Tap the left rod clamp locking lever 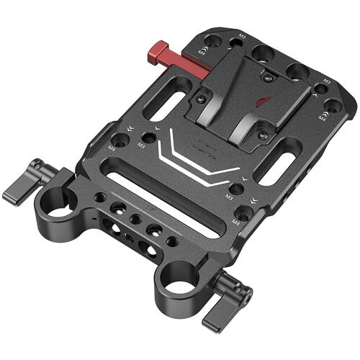20,185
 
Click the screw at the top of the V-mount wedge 267,73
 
